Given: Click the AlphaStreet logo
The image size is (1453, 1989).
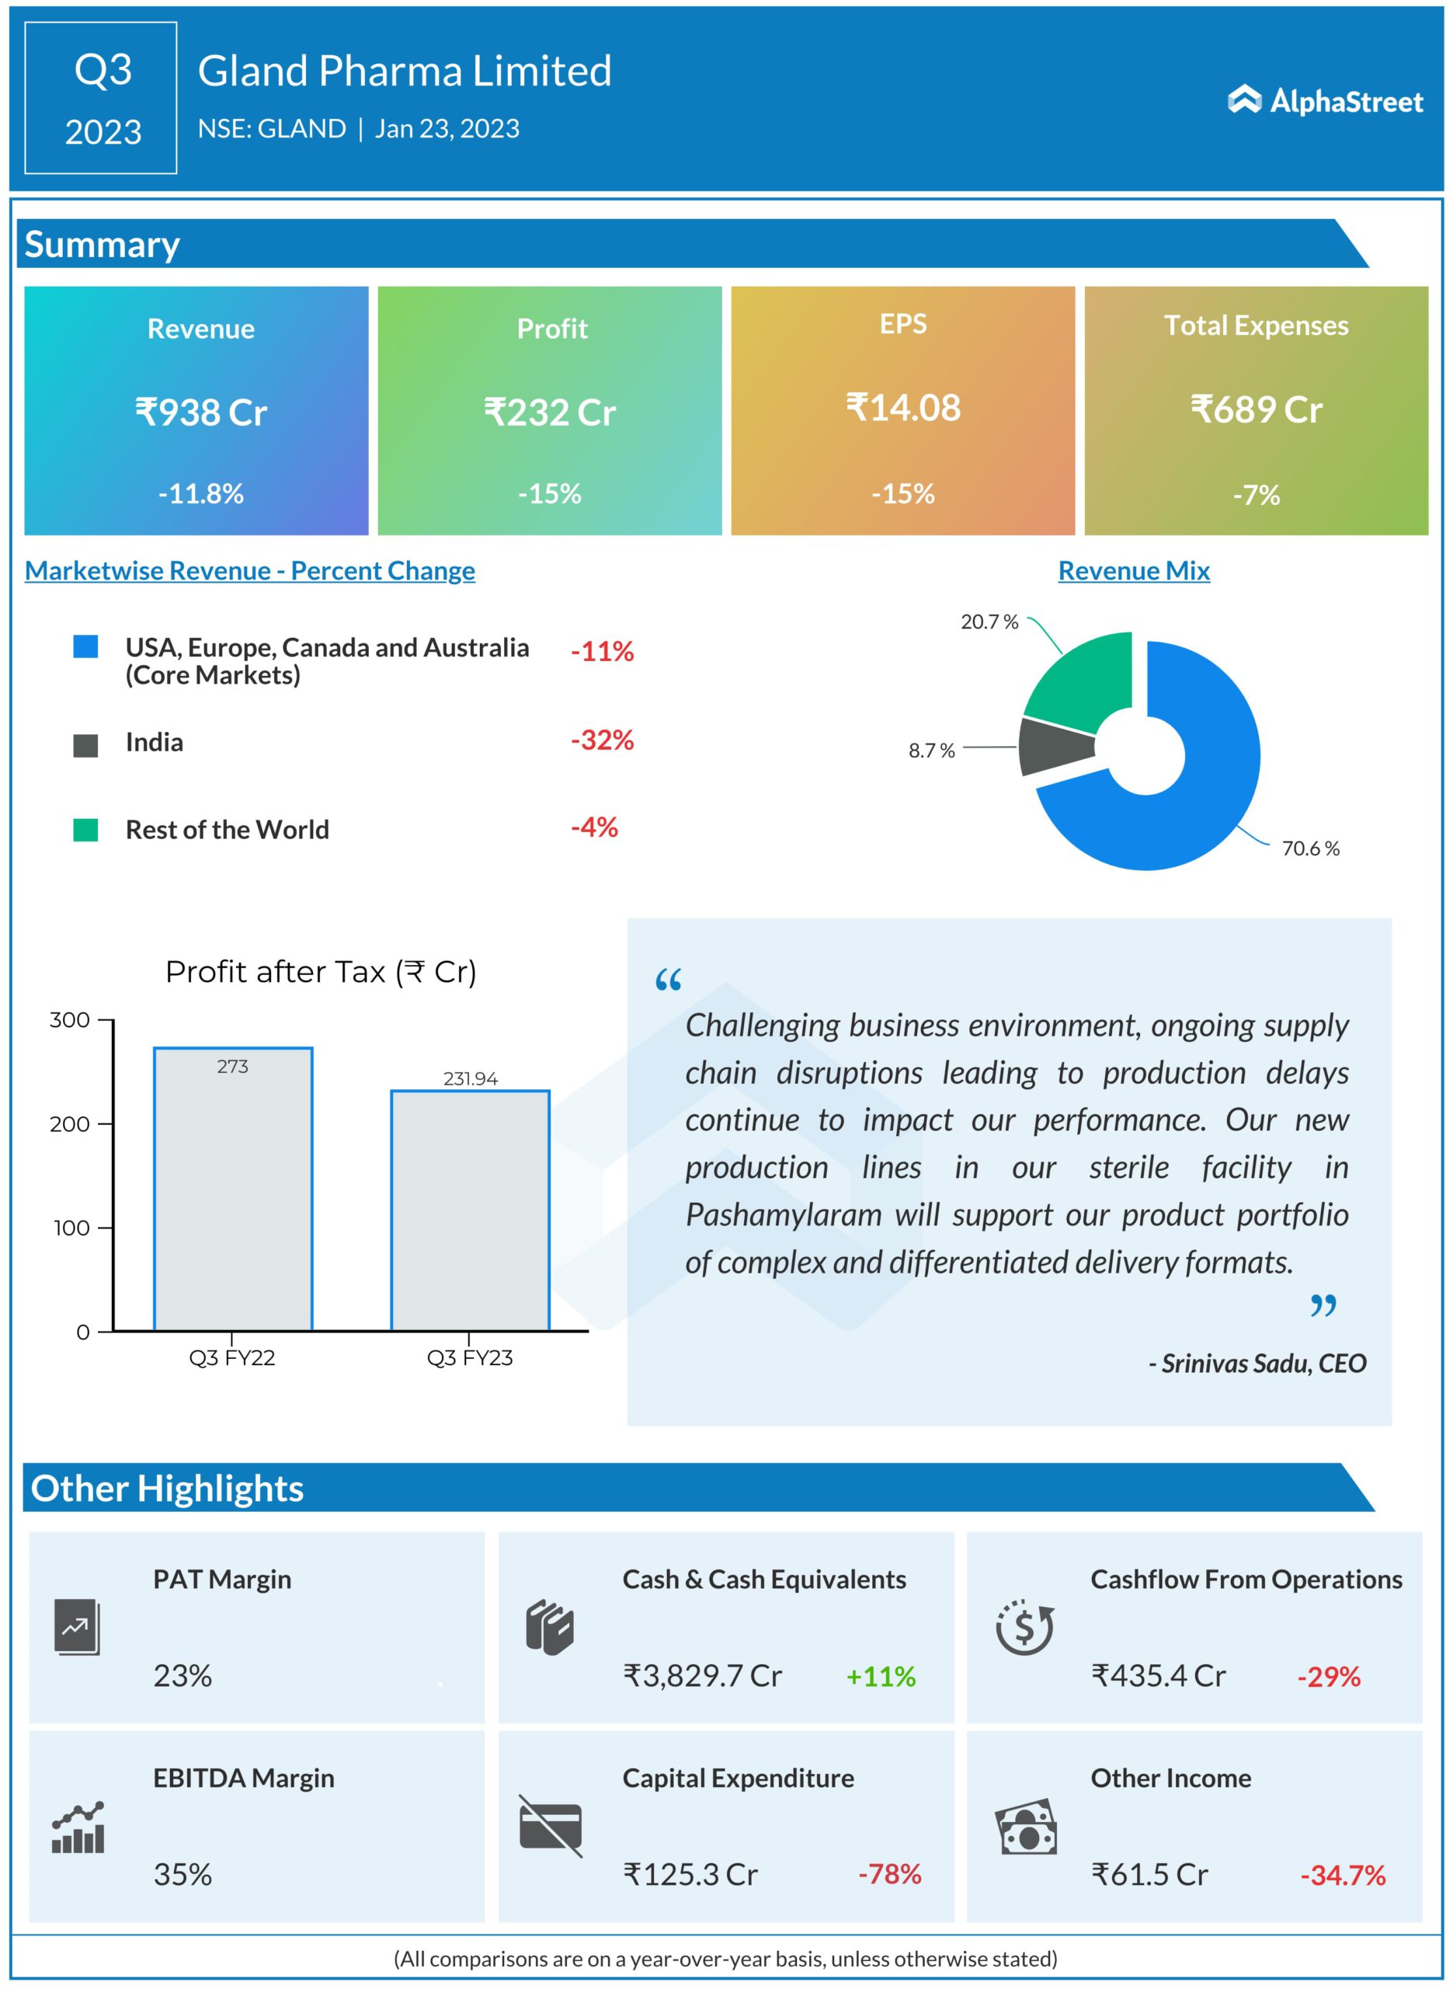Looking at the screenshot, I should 1325,101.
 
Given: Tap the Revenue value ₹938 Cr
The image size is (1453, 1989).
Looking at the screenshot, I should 200,412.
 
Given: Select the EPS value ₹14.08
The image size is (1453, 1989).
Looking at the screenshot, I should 903,407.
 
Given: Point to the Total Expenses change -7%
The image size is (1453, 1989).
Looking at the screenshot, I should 1256,494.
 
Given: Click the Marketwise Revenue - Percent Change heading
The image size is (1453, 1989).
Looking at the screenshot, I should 250,570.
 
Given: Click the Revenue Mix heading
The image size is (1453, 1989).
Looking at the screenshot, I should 1134,570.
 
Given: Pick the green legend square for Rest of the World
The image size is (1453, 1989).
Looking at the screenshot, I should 85,830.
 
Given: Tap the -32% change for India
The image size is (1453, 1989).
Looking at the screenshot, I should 603,740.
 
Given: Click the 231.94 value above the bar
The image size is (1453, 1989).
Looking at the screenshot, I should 471,1078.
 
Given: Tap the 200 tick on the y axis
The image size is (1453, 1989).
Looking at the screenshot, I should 71,1124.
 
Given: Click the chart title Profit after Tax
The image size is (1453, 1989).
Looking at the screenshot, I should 321,972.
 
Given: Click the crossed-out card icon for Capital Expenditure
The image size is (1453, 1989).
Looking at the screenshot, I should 551,1827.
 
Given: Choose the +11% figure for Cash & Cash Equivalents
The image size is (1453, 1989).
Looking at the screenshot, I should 881,1676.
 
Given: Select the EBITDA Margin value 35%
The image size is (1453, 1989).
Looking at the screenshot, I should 183,1874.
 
